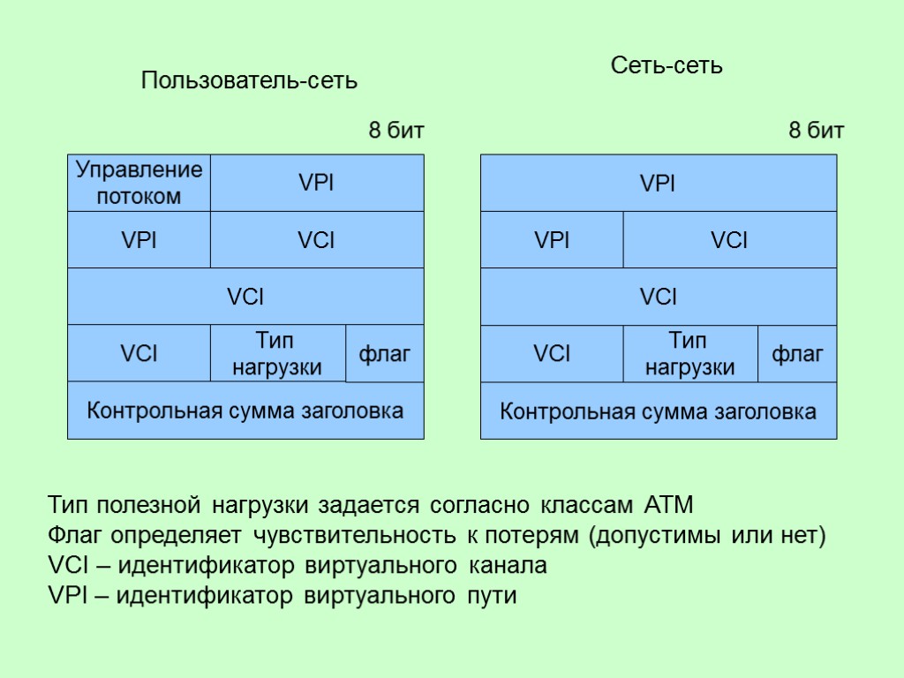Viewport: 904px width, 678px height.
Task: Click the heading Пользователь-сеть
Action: (x=250, y=81)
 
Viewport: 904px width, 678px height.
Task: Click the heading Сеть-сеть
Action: (x=667, y=65)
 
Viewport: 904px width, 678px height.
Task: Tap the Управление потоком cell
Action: (x=139, y=183)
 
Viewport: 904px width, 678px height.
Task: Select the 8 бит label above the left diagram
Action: (x=396, y=132)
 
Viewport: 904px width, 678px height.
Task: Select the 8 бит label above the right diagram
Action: (x=816, y=132)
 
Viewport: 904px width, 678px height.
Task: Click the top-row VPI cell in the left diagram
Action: (x=317, y=184)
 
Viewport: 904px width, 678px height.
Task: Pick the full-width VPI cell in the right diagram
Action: (x=658, y=184)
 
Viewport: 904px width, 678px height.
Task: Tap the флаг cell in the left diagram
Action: (x=385, y=354)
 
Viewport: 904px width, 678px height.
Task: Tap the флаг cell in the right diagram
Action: (x=797, y=354)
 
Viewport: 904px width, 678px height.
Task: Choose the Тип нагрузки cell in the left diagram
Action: (x=277, y=354)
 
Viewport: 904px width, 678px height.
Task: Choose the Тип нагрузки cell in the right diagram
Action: (x=689, y=354)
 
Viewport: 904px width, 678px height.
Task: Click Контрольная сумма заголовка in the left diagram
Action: (x=245, y=411)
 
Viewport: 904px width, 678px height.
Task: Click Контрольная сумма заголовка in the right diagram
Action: (x=658, y=411)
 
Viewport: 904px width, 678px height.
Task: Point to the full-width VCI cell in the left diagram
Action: (x=245, y=297)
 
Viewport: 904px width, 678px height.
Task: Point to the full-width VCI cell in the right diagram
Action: (x=658, y=297)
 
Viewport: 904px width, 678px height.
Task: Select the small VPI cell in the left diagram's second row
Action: (x=139, y=240)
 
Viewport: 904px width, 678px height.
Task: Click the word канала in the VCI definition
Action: (x=507, y=566)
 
